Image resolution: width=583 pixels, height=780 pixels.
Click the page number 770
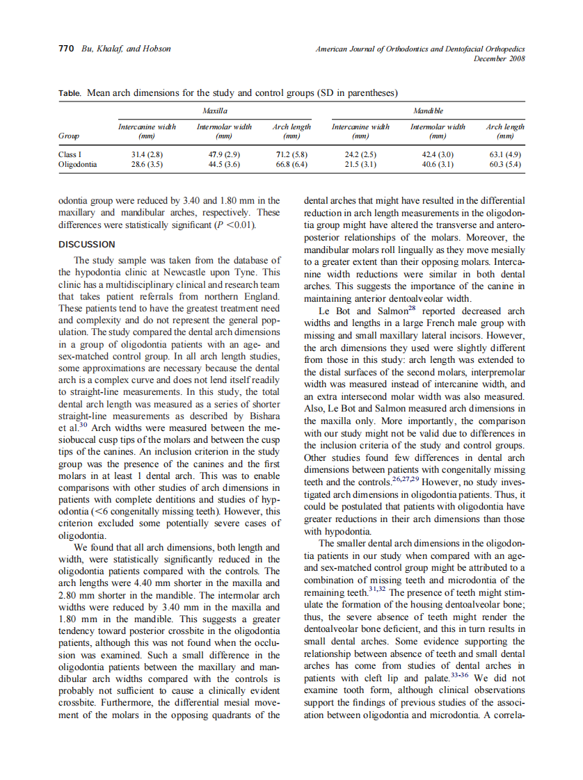[x=67, y=49]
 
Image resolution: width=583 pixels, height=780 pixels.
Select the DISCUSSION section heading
[x=86, y=245]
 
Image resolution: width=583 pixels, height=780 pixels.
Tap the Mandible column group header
[x=428, y=111]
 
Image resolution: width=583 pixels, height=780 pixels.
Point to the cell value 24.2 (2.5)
[x=360, y=154]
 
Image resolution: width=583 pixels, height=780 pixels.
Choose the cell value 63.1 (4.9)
[x=506, y=154]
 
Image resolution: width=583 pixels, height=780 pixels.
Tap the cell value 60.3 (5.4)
[x=506, y=165]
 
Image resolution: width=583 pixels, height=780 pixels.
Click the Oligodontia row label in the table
[x=78, y=165]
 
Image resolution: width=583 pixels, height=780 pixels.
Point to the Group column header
[x=68, y=136]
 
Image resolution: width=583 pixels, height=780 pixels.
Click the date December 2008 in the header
[x=499, y=58]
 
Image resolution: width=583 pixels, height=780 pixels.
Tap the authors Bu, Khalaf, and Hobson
[x=126, y=49]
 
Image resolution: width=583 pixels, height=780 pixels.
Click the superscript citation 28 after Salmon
[x=413, y=308]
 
